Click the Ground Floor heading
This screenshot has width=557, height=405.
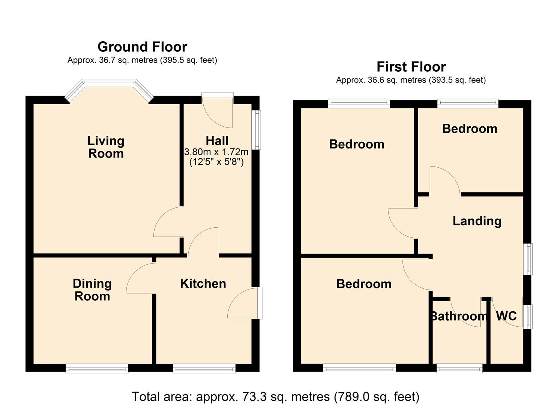point(142,47)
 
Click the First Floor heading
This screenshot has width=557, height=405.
point(411,67)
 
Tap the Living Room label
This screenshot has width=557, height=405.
point(106,147)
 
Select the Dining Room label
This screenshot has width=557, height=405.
point(92,289)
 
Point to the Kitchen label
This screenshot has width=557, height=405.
point(203,283)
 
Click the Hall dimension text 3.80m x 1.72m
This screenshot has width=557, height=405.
point(216,151)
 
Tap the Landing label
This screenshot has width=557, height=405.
point(477,221)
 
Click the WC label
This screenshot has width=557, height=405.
point(506,316)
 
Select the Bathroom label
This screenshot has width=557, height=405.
point(459,316)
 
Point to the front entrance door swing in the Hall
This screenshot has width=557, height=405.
point(218,113)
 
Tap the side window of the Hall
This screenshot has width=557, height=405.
point(256,130)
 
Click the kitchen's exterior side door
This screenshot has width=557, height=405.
point(245,303)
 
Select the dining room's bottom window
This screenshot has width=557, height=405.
point(97,368)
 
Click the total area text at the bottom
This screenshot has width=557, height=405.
point(276,396)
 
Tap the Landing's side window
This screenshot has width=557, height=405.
point(528,259)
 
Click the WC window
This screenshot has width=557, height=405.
point(528,316)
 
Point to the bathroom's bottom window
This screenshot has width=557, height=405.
point(459,368)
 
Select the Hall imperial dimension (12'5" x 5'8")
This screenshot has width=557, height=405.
point(216,162)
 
